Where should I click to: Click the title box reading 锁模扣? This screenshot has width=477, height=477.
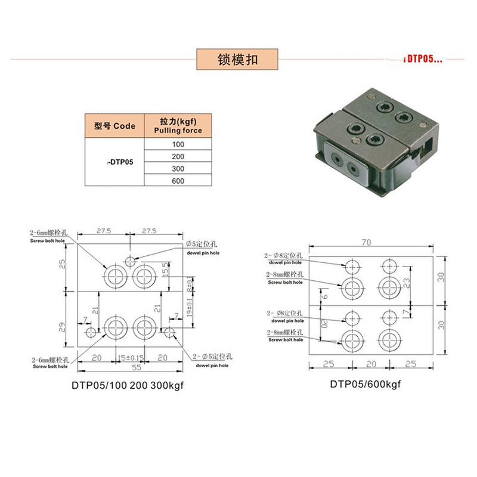tap(238, 60)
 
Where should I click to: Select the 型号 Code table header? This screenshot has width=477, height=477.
tap(114, 126)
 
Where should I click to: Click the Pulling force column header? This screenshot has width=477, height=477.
tap(178, 126)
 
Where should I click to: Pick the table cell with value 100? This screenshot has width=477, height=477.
tap(178, 144)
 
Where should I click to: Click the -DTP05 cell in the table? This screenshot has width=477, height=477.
tap(114, 162)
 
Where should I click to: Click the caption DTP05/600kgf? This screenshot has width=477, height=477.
tap(366, 384)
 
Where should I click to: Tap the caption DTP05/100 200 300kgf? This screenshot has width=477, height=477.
tap(128, 385)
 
